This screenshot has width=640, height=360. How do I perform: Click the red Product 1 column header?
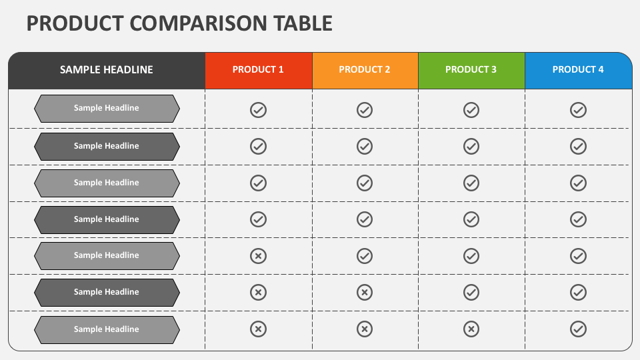(259, 70)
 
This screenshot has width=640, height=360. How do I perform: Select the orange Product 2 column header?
(365, 70)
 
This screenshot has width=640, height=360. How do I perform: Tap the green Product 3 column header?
(471, 70)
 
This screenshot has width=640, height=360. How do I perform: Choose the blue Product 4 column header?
(579, 70)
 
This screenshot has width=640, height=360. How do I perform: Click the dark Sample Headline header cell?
(107, 70)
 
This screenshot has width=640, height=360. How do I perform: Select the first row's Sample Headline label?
(107, 108)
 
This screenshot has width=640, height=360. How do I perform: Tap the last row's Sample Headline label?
(107, 329)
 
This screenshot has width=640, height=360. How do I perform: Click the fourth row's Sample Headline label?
(107, 219)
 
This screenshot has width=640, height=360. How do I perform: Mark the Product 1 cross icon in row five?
(259, 256)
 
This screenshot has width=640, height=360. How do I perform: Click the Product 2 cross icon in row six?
(365, 292)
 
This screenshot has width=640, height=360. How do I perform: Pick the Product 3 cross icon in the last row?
(471, 329)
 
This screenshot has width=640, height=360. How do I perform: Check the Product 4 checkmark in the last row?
(579, 329)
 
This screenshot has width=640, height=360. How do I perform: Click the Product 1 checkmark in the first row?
(259, 110)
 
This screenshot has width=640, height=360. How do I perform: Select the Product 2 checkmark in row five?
(365, 256)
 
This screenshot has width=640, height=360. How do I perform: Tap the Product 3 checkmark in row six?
(471, 292)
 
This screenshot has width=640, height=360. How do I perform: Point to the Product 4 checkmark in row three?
(579, 183)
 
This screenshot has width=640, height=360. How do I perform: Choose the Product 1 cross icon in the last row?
(259, 329)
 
